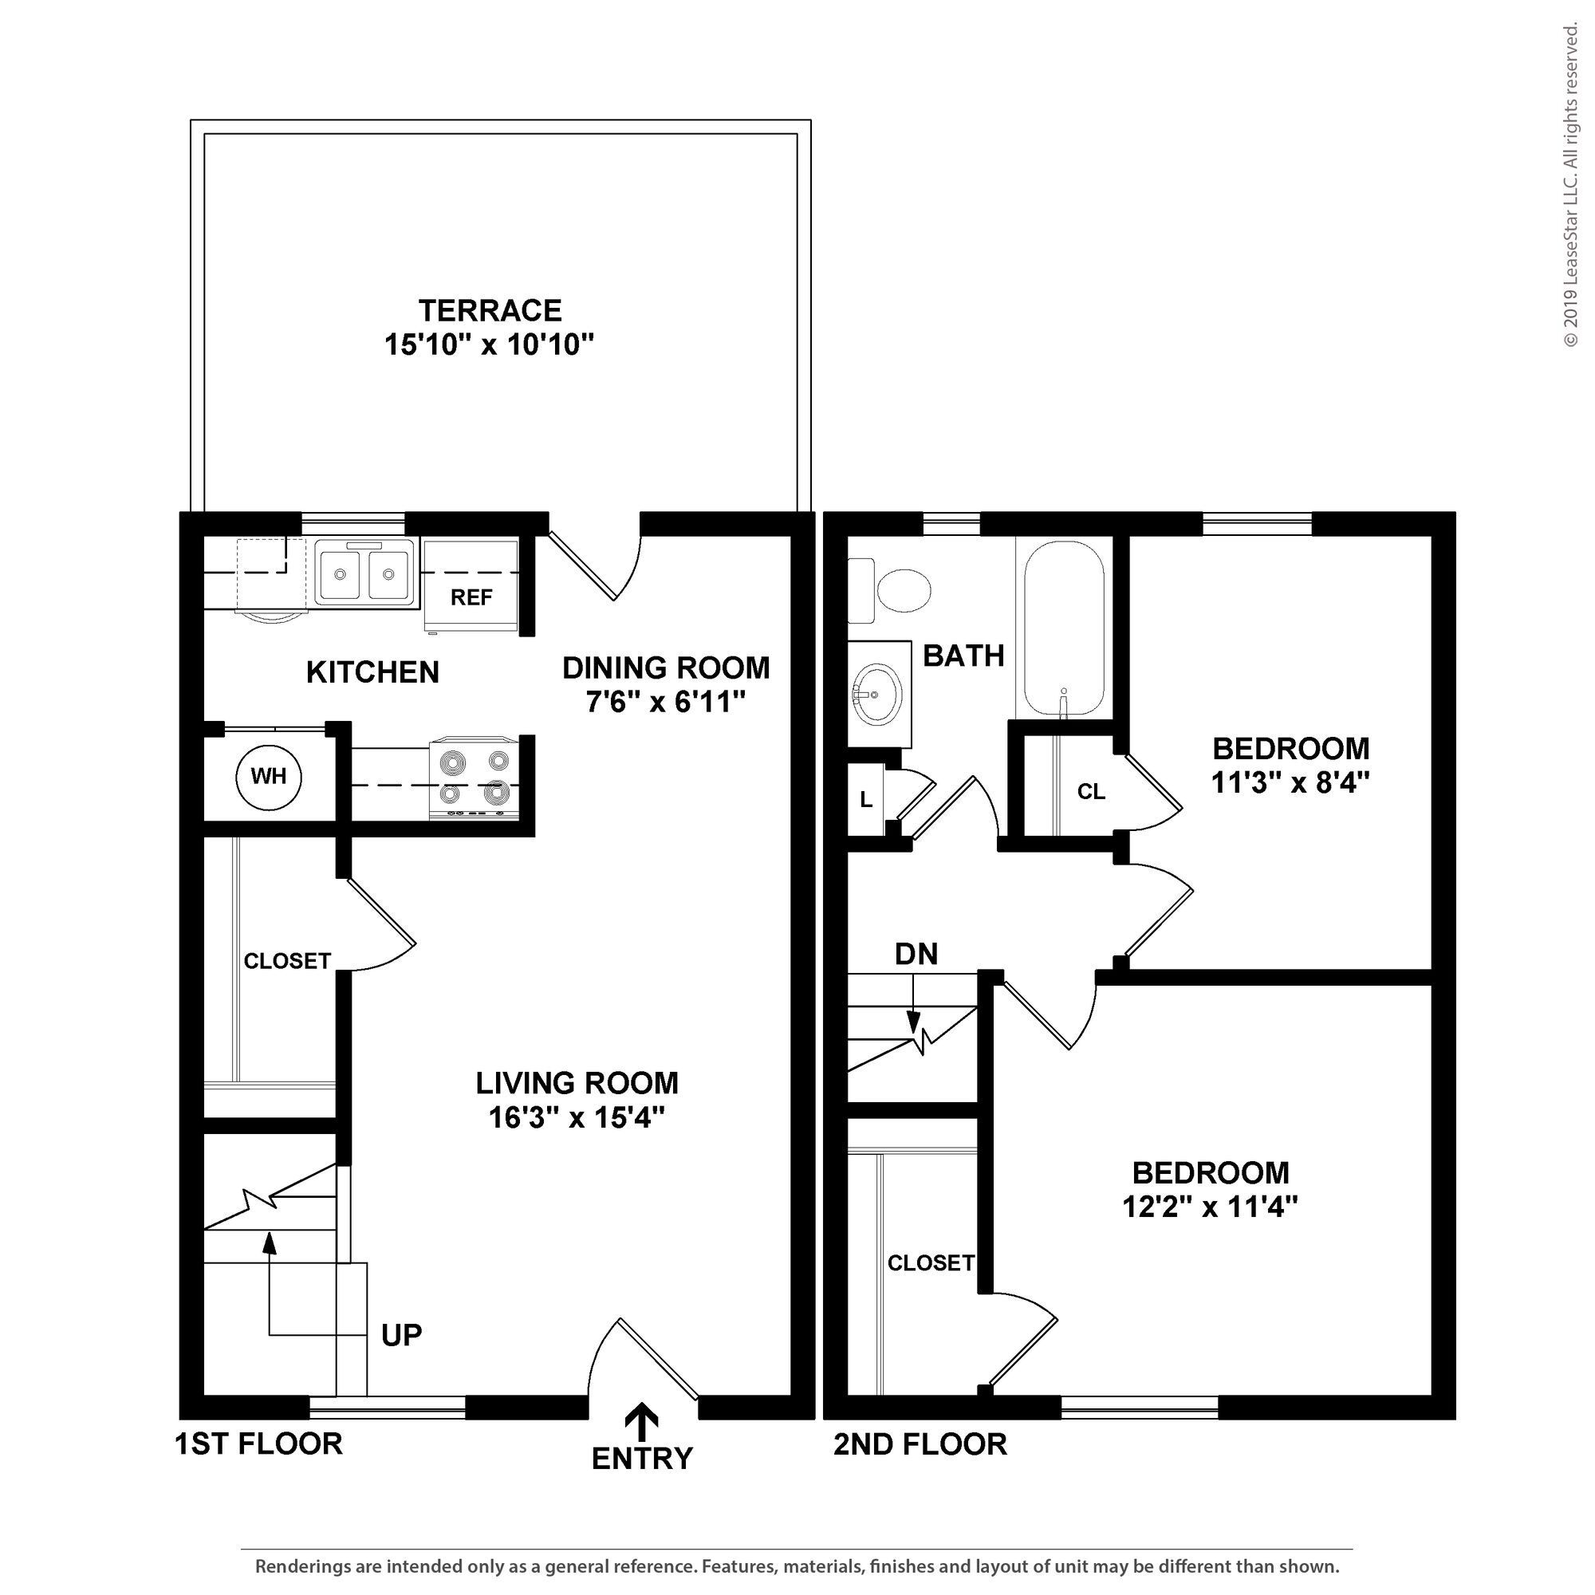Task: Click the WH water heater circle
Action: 268,777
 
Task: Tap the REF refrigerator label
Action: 471,597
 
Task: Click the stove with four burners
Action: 474,778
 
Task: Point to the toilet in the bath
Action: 890,590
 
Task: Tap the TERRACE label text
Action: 490,310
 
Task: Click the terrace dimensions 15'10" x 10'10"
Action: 490,345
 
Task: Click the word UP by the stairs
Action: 402,1335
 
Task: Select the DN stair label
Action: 916,955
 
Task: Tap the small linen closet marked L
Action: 866,799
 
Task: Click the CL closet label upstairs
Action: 1090,792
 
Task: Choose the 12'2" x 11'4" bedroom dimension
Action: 1211,1207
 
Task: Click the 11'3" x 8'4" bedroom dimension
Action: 1290,782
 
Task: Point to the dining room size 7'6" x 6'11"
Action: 666,703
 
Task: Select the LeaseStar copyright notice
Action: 1570,185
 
